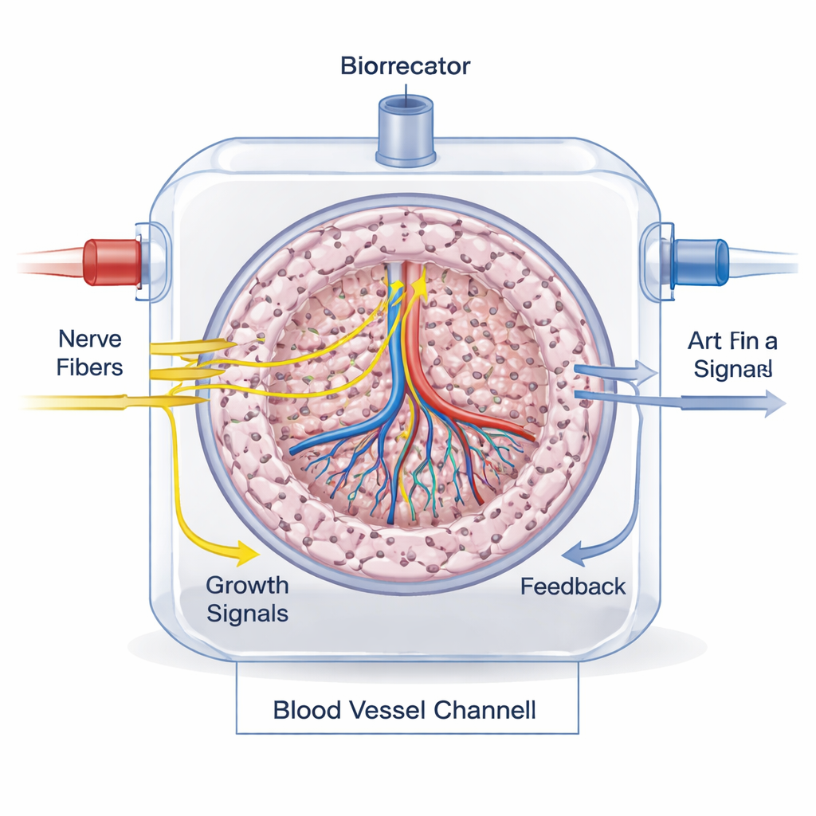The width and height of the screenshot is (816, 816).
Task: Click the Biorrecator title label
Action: [405, 65]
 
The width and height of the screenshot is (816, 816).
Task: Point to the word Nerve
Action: [90, 339]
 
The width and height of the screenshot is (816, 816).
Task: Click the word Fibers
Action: [90, 367]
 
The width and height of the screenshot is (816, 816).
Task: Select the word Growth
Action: [247, 585]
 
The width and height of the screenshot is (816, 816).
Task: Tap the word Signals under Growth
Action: [247, 614]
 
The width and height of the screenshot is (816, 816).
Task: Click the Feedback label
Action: [573, 587]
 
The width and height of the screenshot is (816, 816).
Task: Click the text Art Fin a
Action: [732, 342]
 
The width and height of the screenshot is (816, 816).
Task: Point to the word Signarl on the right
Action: [732, 370]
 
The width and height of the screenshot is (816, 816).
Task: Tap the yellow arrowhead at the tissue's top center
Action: [419, 292]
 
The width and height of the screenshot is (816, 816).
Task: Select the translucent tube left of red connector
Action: [48, 261]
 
